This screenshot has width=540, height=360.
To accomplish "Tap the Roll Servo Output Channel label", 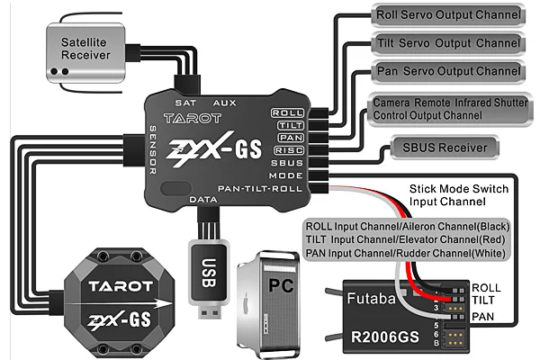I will pos(446,15).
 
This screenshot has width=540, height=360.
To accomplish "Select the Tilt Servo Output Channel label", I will pos(446,43).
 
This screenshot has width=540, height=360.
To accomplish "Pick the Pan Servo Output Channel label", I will pos(446,71).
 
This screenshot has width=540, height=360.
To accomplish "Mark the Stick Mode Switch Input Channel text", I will pos(459,195).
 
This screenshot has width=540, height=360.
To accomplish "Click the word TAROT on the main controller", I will pos(188,117).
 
